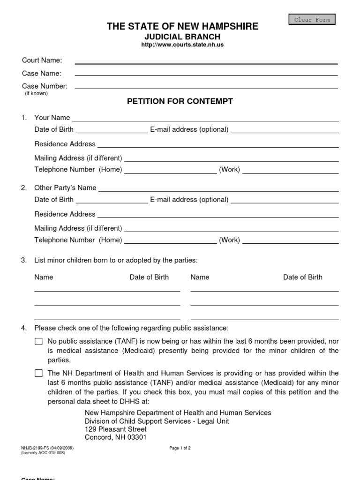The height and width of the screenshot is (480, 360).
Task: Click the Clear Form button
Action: [x=312, y=20]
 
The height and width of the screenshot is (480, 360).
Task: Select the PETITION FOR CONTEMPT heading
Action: [x=180, y=101]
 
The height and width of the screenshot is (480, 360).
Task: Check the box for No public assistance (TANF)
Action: [x=38, y=342]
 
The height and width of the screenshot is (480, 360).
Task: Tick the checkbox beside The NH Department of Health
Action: [x=38, y=374]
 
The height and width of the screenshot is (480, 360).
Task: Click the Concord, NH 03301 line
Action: [x=116, y=437]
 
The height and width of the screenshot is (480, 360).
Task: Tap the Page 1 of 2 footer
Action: [x=180, y=448]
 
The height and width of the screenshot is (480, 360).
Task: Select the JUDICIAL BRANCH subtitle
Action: [x=182, y=37]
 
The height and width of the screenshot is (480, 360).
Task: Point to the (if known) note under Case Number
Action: [x=36, y=93]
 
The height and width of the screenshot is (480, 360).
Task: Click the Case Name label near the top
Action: [x=42, y=73]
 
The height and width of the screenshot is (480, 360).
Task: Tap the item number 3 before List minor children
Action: [x=24, y=260]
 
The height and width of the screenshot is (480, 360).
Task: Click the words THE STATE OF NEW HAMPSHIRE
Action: [x=182, y=27]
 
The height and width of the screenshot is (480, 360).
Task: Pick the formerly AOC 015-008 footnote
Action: [x=43, y=453]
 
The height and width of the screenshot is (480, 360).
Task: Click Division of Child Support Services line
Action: [x=157, y=421]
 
